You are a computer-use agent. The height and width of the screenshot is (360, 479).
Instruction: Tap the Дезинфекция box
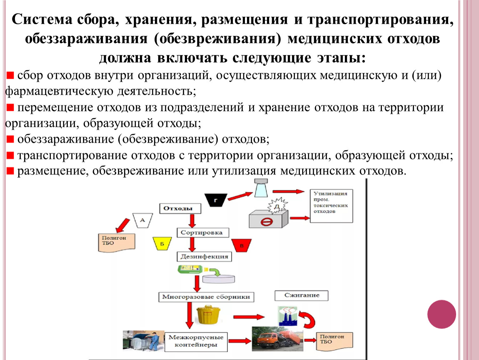click(x=205, y=256)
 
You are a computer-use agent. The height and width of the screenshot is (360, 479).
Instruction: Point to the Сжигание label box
click(x=301, y=295)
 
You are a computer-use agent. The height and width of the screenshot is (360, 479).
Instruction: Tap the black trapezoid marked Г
click(x=215, y=200)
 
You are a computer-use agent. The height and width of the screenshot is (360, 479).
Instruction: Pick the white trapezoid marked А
click(x=142, y=220)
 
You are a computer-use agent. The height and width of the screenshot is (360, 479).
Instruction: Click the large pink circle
click(x=442, y=314)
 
